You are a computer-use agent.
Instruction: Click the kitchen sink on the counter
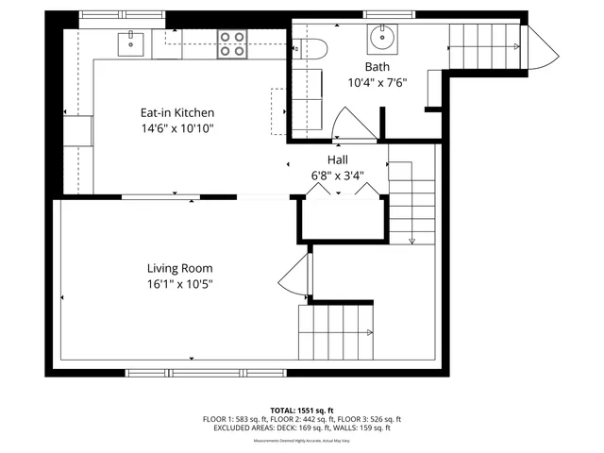click(x=129, y=42)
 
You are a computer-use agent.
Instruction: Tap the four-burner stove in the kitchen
click(x=233, y=43)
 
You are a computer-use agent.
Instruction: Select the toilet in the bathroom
click(x=309, y=46)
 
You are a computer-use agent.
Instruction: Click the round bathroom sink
click(x=383, y=39)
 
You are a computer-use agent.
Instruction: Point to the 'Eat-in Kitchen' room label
click(x=178, y=112)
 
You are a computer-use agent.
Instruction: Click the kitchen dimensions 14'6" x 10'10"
click(x=178, y=127)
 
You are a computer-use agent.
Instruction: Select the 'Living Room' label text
click(x=178, y=267)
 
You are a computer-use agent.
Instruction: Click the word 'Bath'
click(x=377, y=66)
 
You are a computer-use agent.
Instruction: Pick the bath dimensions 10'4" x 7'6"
click(x=377, y=81)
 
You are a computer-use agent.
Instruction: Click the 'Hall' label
click(x=337, y=160)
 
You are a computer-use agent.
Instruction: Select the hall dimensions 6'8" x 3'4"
click(x=337, y=176)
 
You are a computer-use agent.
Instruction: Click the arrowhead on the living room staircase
click(x=369, y=332)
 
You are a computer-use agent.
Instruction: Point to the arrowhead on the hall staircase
click(x=412, y=242)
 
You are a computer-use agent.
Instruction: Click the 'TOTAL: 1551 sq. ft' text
click(x=302, y=411)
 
